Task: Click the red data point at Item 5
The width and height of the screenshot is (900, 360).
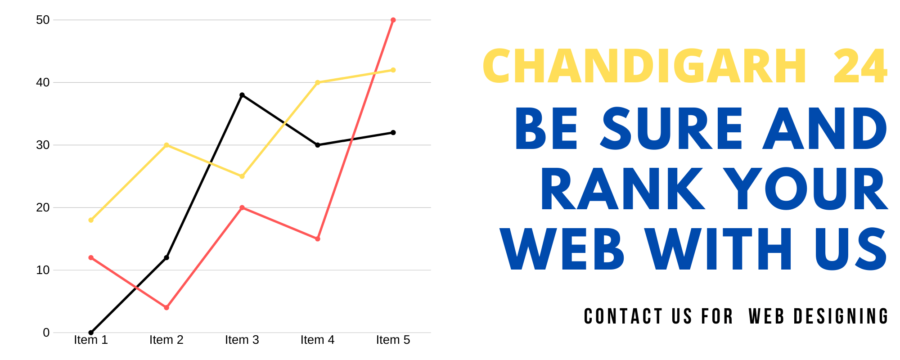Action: coord(393,20)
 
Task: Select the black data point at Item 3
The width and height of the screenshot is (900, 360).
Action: coord(242,95)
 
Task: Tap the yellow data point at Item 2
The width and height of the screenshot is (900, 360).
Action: coord(166,145)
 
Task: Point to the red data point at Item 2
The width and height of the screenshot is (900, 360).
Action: coord(166,308)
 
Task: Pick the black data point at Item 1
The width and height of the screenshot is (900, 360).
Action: coord(91,333)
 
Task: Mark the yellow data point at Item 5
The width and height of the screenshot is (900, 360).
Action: coord(393,70)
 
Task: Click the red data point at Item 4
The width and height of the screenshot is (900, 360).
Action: coord(318,239)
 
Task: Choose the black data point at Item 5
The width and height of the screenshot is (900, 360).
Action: coord(393,133)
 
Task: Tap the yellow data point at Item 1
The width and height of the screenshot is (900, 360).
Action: coord(91,220)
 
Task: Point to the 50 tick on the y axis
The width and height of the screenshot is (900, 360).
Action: coord(43,20)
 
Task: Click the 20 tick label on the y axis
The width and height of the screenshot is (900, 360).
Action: coord(43,207)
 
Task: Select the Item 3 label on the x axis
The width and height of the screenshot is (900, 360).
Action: coord(242,340)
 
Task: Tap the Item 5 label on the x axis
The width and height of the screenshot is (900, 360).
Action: coord(393,340)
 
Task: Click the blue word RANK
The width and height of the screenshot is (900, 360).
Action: coord(622,189)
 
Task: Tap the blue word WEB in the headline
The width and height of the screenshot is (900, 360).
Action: coord(562,249)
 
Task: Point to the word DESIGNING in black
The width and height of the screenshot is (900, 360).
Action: coord(841,316)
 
